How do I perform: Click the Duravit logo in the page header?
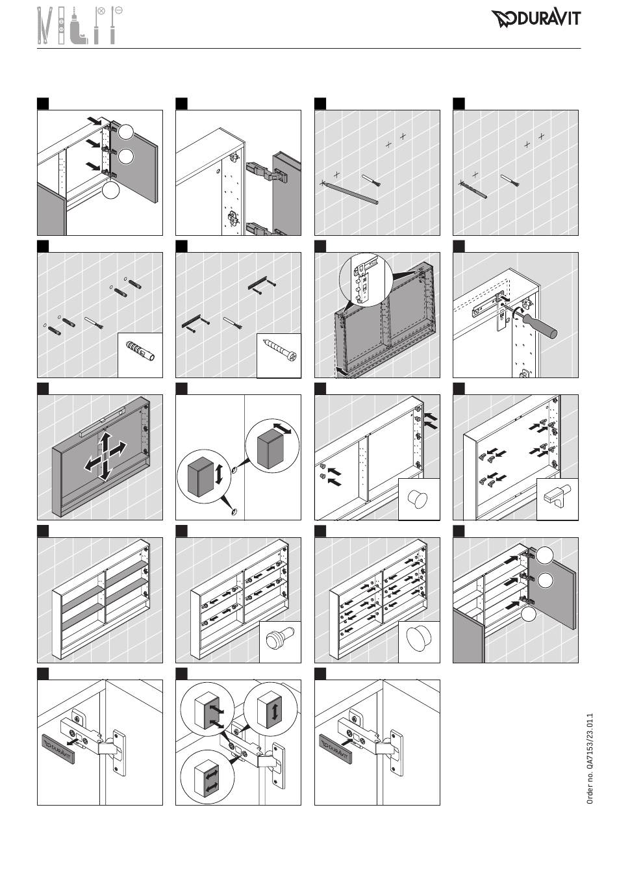point(536,19)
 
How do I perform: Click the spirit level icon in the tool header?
point(61,25)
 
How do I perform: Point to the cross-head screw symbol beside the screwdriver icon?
point(101,11)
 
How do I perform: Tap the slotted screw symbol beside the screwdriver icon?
point(118,10)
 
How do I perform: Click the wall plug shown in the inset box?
point(140,352)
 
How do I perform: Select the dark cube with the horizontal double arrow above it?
point(271,450)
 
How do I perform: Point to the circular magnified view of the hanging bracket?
point(366,279)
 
